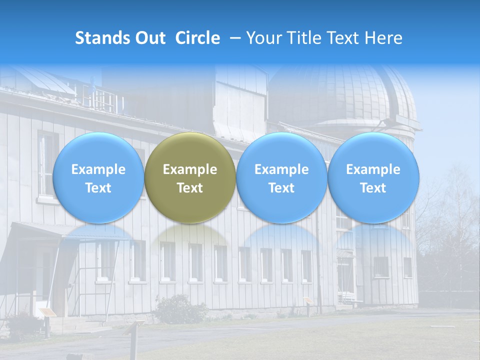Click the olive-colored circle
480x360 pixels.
(189, 177)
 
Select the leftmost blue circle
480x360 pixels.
(98, 177)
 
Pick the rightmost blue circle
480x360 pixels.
(373, 177)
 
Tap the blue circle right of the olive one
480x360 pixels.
(281, 177)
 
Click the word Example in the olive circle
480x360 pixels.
(189, 169)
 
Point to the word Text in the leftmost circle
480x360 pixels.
(98, 188)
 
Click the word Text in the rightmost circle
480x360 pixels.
(373, 188)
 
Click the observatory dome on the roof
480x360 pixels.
(345, 95)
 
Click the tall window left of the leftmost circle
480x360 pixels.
(47, 165)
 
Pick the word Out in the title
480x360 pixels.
(150, 38)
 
